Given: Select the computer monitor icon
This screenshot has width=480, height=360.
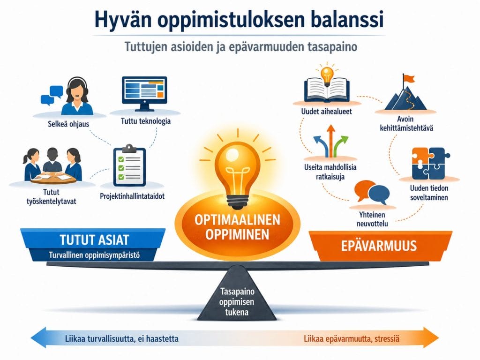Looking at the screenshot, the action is [x=144, y=93].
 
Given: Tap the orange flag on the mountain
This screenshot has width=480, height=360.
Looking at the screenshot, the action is [x=409, y=79].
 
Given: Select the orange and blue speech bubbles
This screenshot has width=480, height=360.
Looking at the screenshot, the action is [x=372, y=192].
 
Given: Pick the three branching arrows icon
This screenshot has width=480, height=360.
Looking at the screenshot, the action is [x=330, y=141].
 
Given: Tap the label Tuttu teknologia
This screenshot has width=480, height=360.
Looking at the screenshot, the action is [x=146, y=121].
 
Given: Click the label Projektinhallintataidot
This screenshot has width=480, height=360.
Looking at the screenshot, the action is [x=132, y=196].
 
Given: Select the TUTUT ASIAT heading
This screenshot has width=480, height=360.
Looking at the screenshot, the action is [x=94, y=240].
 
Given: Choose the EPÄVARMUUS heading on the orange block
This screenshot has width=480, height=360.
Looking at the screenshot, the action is [x=379, y=246].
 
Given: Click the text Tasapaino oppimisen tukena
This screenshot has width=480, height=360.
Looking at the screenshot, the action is [x=237, y=301].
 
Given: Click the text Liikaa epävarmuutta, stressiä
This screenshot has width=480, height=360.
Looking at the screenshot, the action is [x=352, y=339].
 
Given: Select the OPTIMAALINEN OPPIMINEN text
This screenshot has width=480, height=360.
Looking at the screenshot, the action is [x=237, y=227].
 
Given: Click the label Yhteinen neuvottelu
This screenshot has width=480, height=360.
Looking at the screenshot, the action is [x=372, y=219].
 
